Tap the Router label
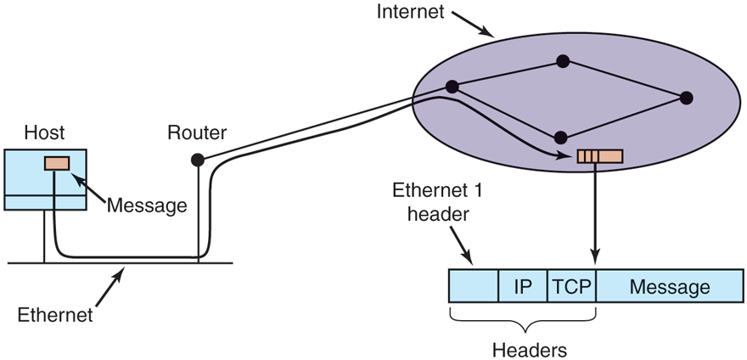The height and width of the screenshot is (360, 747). [x=197, y=132]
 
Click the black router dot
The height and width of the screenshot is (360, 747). [x=197, y=159]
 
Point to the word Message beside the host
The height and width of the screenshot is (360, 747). [x=147, y=205]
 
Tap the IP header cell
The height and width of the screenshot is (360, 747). [x=523, y=287]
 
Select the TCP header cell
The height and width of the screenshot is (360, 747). [x=571, y=287]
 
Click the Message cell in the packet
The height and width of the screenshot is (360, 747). [x=669, y=287]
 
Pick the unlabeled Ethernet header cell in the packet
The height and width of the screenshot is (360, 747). [x=473, y=287]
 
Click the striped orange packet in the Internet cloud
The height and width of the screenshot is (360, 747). [x=599, y=156]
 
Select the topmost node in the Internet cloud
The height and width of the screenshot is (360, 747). [x=561, y=61]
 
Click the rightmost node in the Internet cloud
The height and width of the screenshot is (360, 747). [x=687, y=98]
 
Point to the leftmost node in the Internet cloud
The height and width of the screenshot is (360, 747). [x=452, y=87]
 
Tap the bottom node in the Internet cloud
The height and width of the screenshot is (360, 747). [x=560, y=136]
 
